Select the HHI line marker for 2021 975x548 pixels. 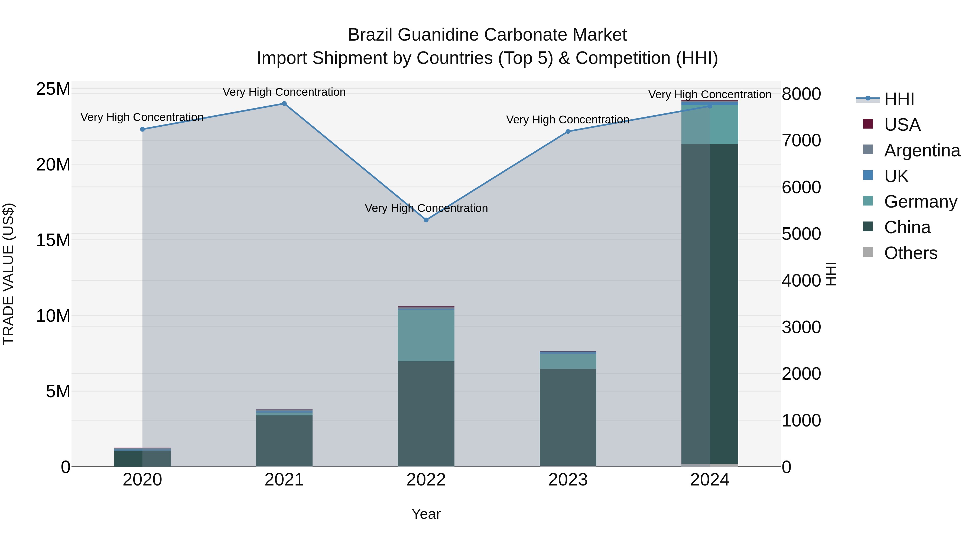click(x=284, y=104)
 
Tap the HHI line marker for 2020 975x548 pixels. click(x=142, y=129)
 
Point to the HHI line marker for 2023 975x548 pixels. click(x=568, y=132)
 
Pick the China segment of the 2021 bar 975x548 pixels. click(x=284, y=441)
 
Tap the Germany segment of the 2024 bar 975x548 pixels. click(x=710, y=124)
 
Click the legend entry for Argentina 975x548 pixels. click(x=922, y=150)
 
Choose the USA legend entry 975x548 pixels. click(x=902, y=125)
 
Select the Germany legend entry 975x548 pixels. click(x=921, y=202)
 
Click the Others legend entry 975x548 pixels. click(x=911, y=253)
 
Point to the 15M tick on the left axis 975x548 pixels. click(x=53, y=240)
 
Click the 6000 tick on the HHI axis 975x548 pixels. click(x=802, y=187)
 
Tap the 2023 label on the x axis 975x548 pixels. click(x=568, y=480)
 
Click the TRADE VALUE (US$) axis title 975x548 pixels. click(x=8, y=274)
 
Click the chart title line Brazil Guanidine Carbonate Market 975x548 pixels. click(x=487, y=35)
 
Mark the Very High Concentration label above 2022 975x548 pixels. click(x=426, y=208)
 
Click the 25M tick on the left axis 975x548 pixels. click(x=53, y=89)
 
